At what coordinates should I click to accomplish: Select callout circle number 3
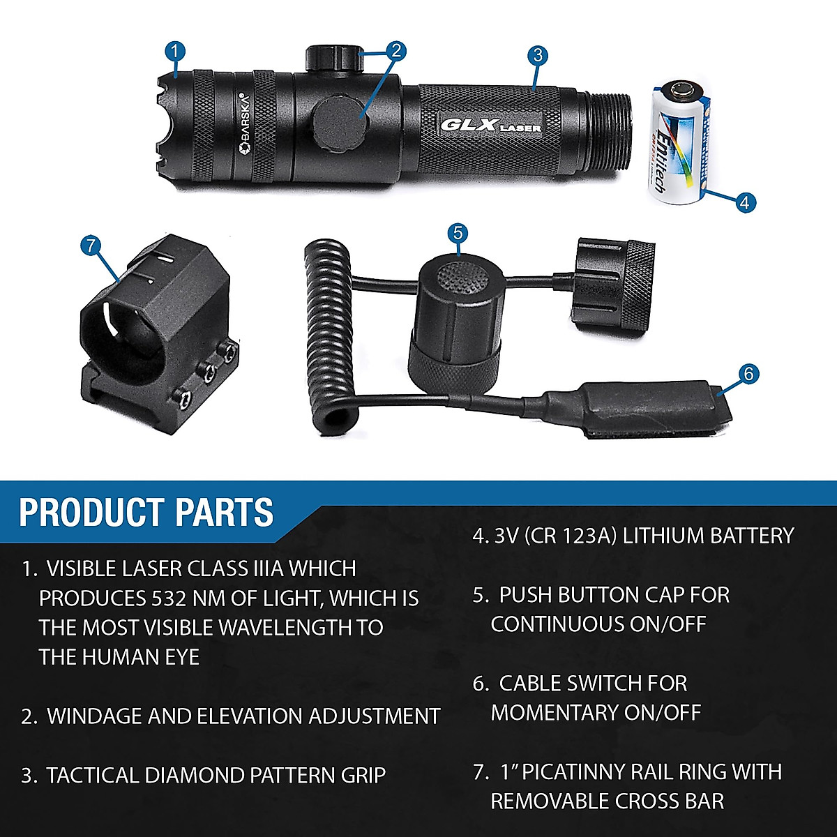[536, 56]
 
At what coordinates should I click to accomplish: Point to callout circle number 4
[745, 202]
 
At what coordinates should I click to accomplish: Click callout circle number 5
[458, 232]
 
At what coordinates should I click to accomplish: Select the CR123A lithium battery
[680, 143]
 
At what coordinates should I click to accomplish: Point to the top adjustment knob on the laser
[331, 57]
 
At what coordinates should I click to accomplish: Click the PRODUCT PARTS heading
[146, 513]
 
